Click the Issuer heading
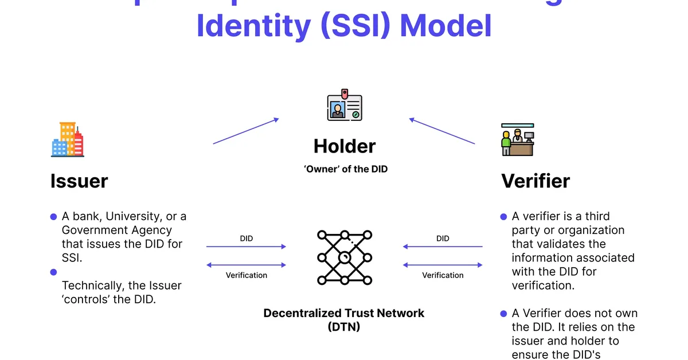[x=79, y=181]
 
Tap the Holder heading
[x=345, y=146]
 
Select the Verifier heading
[x=535, y=181]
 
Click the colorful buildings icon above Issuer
[x=67, y=139]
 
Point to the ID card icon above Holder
[x=345, y=105]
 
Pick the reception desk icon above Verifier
[x=517, y=139]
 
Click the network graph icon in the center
[x=345, y=257]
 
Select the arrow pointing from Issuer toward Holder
[x=246, y=131]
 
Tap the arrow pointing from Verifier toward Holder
[x=442, y=131]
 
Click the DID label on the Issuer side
[x=246, y=238]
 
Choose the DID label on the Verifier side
[x=443, y=238]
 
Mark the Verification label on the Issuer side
[x=246, y=275]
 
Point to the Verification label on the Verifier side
[x=443, y=275]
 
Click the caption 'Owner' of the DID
[x=345, y=170]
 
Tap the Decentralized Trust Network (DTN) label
[x=344, y=320]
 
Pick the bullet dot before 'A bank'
[x=54, y=217]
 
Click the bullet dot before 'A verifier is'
[x=504, y=217]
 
